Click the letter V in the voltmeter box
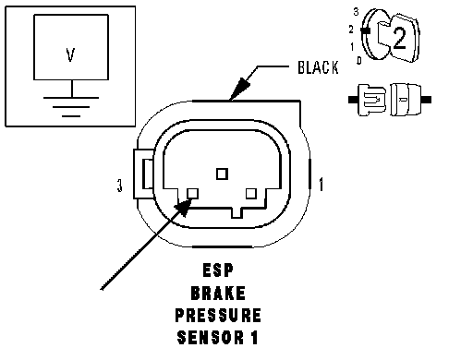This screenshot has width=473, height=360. tap(70, 55)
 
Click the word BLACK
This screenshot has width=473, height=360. tap(318, 67)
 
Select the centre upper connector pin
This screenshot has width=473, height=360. tap(222, 174)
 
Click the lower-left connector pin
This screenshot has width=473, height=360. tap(193, 194)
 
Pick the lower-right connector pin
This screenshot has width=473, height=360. tap(251, 194)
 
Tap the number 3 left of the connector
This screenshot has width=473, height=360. tap(119, 186)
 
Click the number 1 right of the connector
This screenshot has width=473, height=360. tap(321, 185)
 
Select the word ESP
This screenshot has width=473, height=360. tap(218, 270)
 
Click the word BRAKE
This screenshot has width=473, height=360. tap(218, 294)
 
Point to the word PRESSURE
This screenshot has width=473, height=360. tap(218, 316)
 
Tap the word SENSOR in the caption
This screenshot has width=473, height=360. tap(211, 338)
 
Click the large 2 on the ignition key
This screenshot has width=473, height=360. tap(400, 38)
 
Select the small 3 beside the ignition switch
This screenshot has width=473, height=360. tap(356, 12)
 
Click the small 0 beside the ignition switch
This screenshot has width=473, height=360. tap(359, 60)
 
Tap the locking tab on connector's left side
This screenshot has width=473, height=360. tap(144, 174)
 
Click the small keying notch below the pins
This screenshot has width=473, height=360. tap(236, 213)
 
